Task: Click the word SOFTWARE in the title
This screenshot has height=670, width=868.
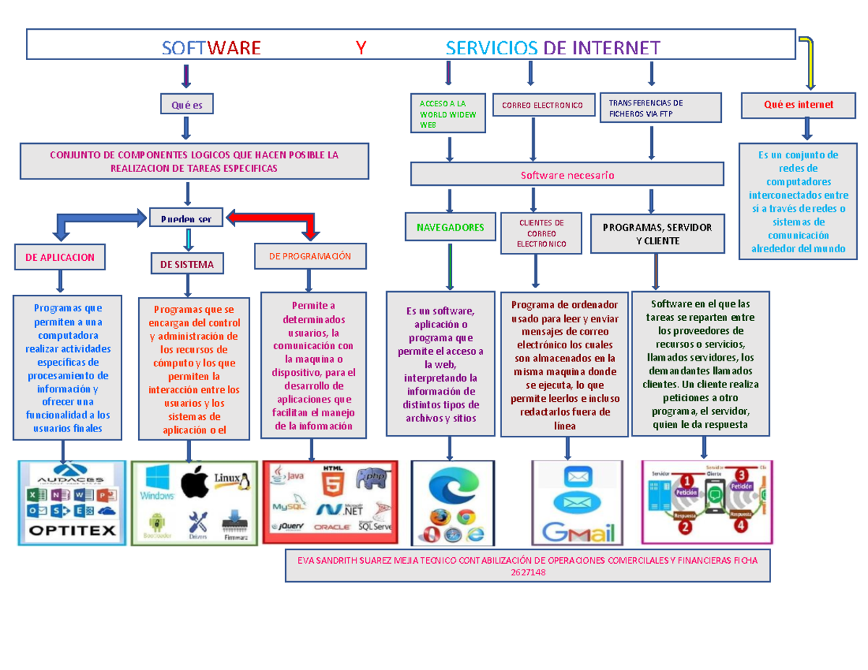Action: tap(211, 48)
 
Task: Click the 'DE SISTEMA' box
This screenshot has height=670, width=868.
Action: tap(187, 265)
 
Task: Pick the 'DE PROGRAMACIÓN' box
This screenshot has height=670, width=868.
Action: tap(310, 256)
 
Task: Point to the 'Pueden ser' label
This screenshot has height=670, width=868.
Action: tap(186, 219)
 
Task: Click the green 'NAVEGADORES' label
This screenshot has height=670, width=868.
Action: tap(450, 227)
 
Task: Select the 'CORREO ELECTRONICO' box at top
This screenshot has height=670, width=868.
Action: tap(537, 105)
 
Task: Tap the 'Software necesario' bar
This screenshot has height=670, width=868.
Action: tap(567, 175)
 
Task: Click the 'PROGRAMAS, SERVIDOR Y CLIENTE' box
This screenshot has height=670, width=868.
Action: tap(657, 233)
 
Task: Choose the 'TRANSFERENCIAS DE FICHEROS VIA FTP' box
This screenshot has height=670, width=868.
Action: tap(660, 108)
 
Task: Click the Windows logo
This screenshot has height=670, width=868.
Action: tap(158, 482)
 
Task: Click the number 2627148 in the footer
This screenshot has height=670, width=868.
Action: tap(527, 572)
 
